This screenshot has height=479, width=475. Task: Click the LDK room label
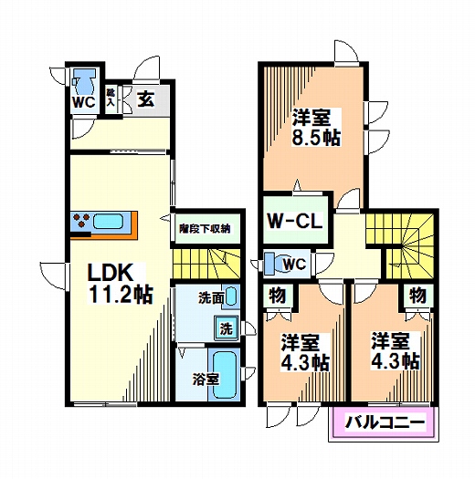111,271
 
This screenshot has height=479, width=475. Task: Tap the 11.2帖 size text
121,294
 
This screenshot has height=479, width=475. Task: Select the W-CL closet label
292,220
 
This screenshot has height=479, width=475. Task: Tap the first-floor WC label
84,102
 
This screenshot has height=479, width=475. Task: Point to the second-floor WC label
294,265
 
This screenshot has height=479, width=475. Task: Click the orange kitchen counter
103,222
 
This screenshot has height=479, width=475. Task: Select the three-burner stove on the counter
79,221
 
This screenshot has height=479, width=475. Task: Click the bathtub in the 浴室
223,374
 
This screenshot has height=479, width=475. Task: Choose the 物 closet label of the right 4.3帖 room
417,295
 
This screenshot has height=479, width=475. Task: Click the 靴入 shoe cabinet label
111,98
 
